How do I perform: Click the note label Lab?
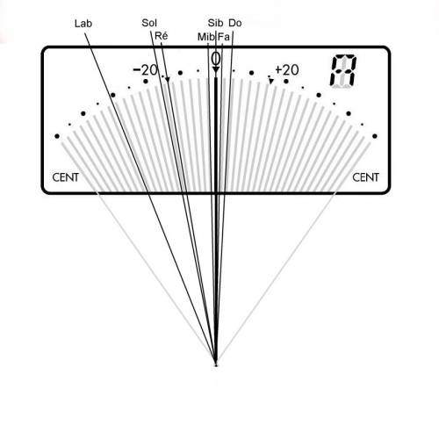point(83,24)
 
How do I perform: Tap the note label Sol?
point(149,23)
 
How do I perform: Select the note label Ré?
point(161,36)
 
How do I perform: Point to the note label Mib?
point(206,37)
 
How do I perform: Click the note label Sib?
point(215,23)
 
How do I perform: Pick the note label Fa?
point(224,37)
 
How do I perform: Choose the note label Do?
point(235,23)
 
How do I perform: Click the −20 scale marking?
point(146,70)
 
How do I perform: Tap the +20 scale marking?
point(287,70)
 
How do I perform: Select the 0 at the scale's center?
point(216,59)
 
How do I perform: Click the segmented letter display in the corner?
point(343,71)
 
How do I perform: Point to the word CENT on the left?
point(66,177)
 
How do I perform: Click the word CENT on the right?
point(365,177)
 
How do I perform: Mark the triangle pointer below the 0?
point(216,69)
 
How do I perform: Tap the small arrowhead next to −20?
point(168,80)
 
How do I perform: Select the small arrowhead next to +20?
point(271,81)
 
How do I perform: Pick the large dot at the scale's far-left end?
point(57,136)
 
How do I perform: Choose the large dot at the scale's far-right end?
point(375,136)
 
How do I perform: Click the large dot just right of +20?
point(286,81)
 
